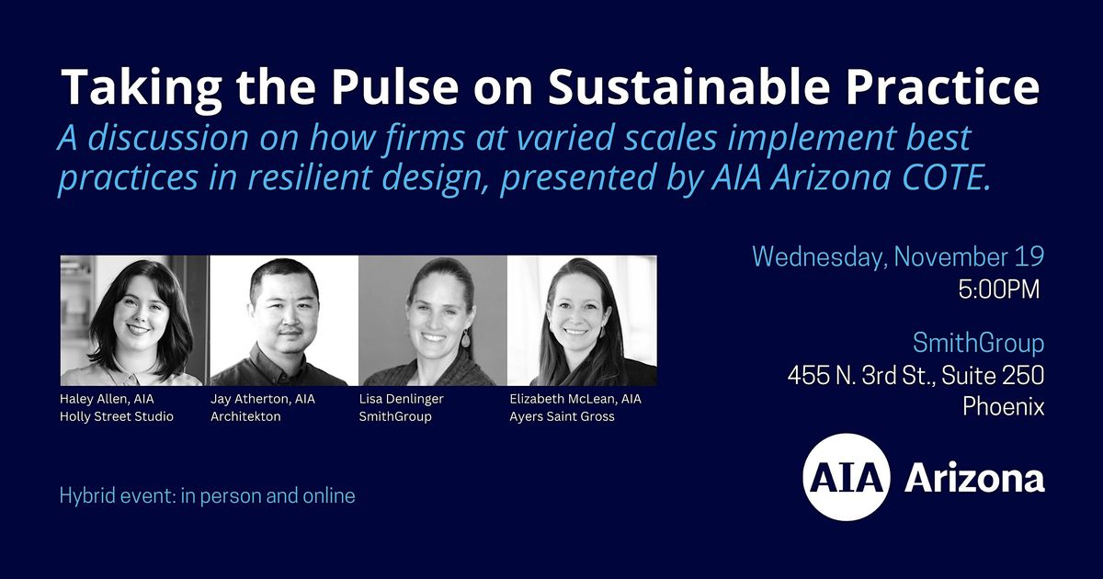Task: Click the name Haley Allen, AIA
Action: click(107, 399)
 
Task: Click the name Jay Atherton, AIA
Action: click(262, 399)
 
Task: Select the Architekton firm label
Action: click(246, 416)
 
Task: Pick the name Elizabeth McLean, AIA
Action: click(575, 399)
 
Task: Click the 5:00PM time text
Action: click(999, 290)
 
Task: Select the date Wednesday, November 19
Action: click(898, 257)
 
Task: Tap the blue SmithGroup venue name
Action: click(978, 344)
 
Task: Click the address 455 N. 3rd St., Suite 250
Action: click(915, 375)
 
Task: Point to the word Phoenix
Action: click(1003, 407)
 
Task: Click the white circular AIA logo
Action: click(846, 478)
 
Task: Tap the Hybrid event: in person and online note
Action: click(208, 496)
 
